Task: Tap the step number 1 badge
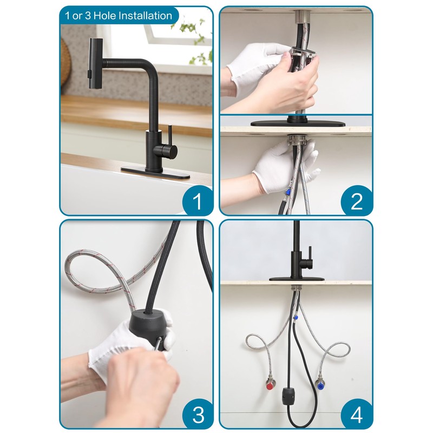click(x=196, y=201)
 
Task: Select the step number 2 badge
click(x=356, y=201)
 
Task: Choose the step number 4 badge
click(x=356, y=415)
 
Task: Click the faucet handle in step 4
click(x=310, y=254)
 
